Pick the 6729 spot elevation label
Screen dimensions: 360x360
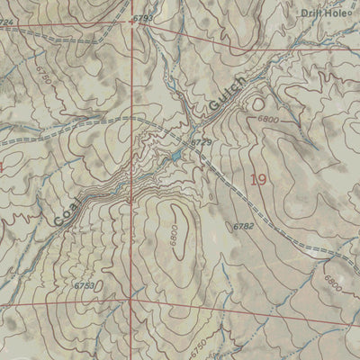[200, 143]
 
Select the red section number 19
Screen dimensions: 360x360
[259, 180]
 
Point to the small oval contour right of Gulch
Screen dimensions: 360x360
[260, 101]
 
